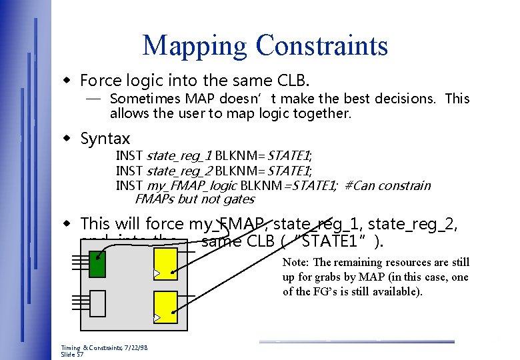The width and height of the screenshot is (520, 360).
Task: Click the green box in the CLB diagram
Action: pyautogui.click(x=97, y=263)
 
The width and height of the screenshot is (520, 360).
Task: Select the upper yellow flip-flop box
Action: pyautogui.click(x=165, y=263)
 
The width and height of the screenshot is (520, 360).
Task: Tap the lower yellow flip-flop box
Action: pyautogui.click(x=165, y=306)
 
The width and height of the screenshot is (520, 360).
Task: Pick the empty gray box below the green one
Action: pyautogui.click(x=97, y=305)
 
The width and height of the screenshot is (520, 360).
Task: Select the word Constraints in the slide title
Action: pyautogui.click(x=322, y=45)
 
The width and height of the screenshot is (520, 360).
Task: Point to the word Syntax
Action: pyautogui.click(x=105, y=139)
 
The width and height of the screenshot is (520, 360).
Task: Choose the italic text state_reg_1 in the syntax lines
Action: pyautogui.click(x=179, y=156)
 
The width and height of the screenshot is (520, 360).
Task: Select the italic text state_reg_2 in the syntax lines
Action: pyautogui.click(x=179, y=171)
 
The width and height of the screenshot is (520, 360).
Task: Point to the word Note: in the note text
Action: pyautogui.click(x=298, y=263)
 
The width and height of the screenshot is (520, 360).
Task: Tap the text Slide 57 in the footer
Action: pyautogui.click(x=71, y=355)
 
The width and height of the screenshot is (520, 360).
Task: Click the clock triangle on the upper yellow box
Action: pyautogui.click(x=157, y=273)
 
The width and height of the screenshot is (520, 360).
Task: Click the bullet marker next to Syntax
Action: pyautogui.click(x=67, y=139)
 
